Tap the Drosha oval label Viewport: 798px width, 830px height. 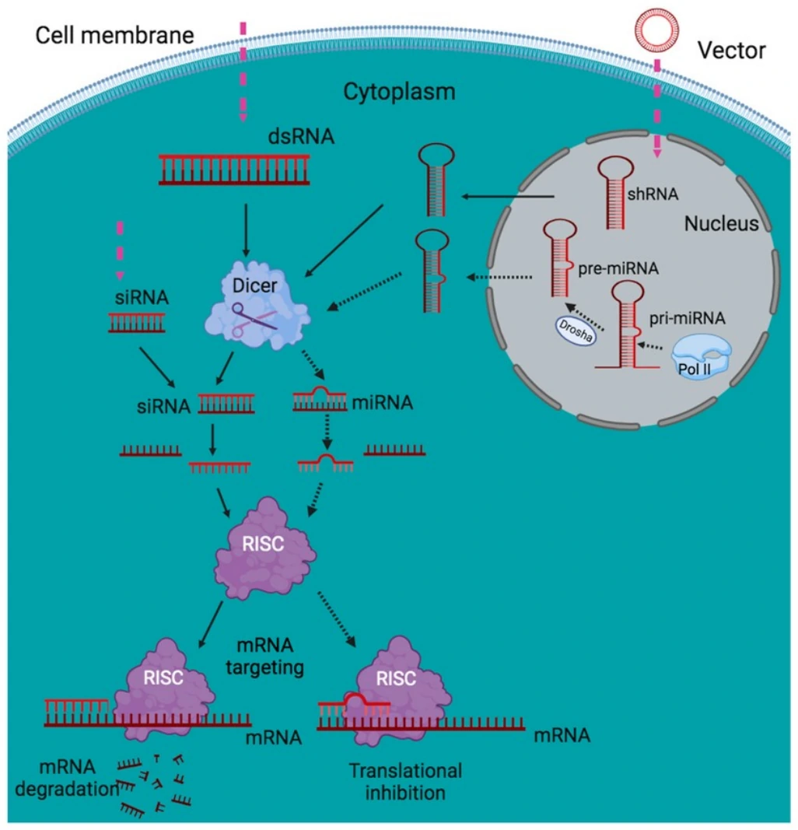click(x=576, y=331)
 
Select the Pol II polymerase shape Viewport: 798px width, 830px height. click(x=701, y=356)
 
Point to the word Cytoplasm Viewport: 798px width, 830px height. click(x=399, y=92)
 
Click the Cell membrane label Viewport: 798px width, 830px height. click(x=115, y=35)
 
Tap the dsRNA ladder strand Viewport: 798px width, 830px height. click(x=234, y=170)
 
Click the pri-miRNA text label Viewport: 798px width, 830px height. click(x=687, y=318)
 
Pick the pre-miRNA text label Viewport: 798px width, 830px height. click(x=618, y=268)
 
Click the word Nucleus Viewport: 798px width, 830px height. click(x=721, y=223)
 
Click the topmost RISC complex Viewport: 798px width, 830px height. click(x=264, y=548)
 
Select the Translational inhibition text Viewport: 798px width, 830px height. click(x=405, y=782)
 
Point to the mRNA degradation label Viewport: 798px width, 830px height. click(x=67, y=778)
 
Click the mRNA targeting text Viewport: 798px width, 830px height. click(x=264, y=657)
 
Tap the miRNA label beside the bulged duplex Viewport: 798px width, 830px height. click(x=382, y=403)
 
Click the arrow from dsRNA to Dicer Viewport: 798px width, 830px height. click(x=245, y=230)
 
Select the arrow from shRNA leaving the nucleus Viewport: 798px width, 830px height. click(x=508, y=196)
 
